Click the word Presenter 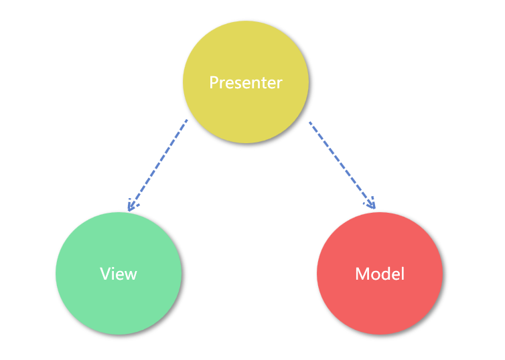point(246,83)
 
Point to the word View point(119,274)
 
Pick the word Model point(380,274)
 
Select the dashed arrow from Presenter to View point(157,164)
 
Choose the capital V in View point(105,274)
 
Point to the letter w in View point(130,274)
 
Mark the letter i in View point(113,273)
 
